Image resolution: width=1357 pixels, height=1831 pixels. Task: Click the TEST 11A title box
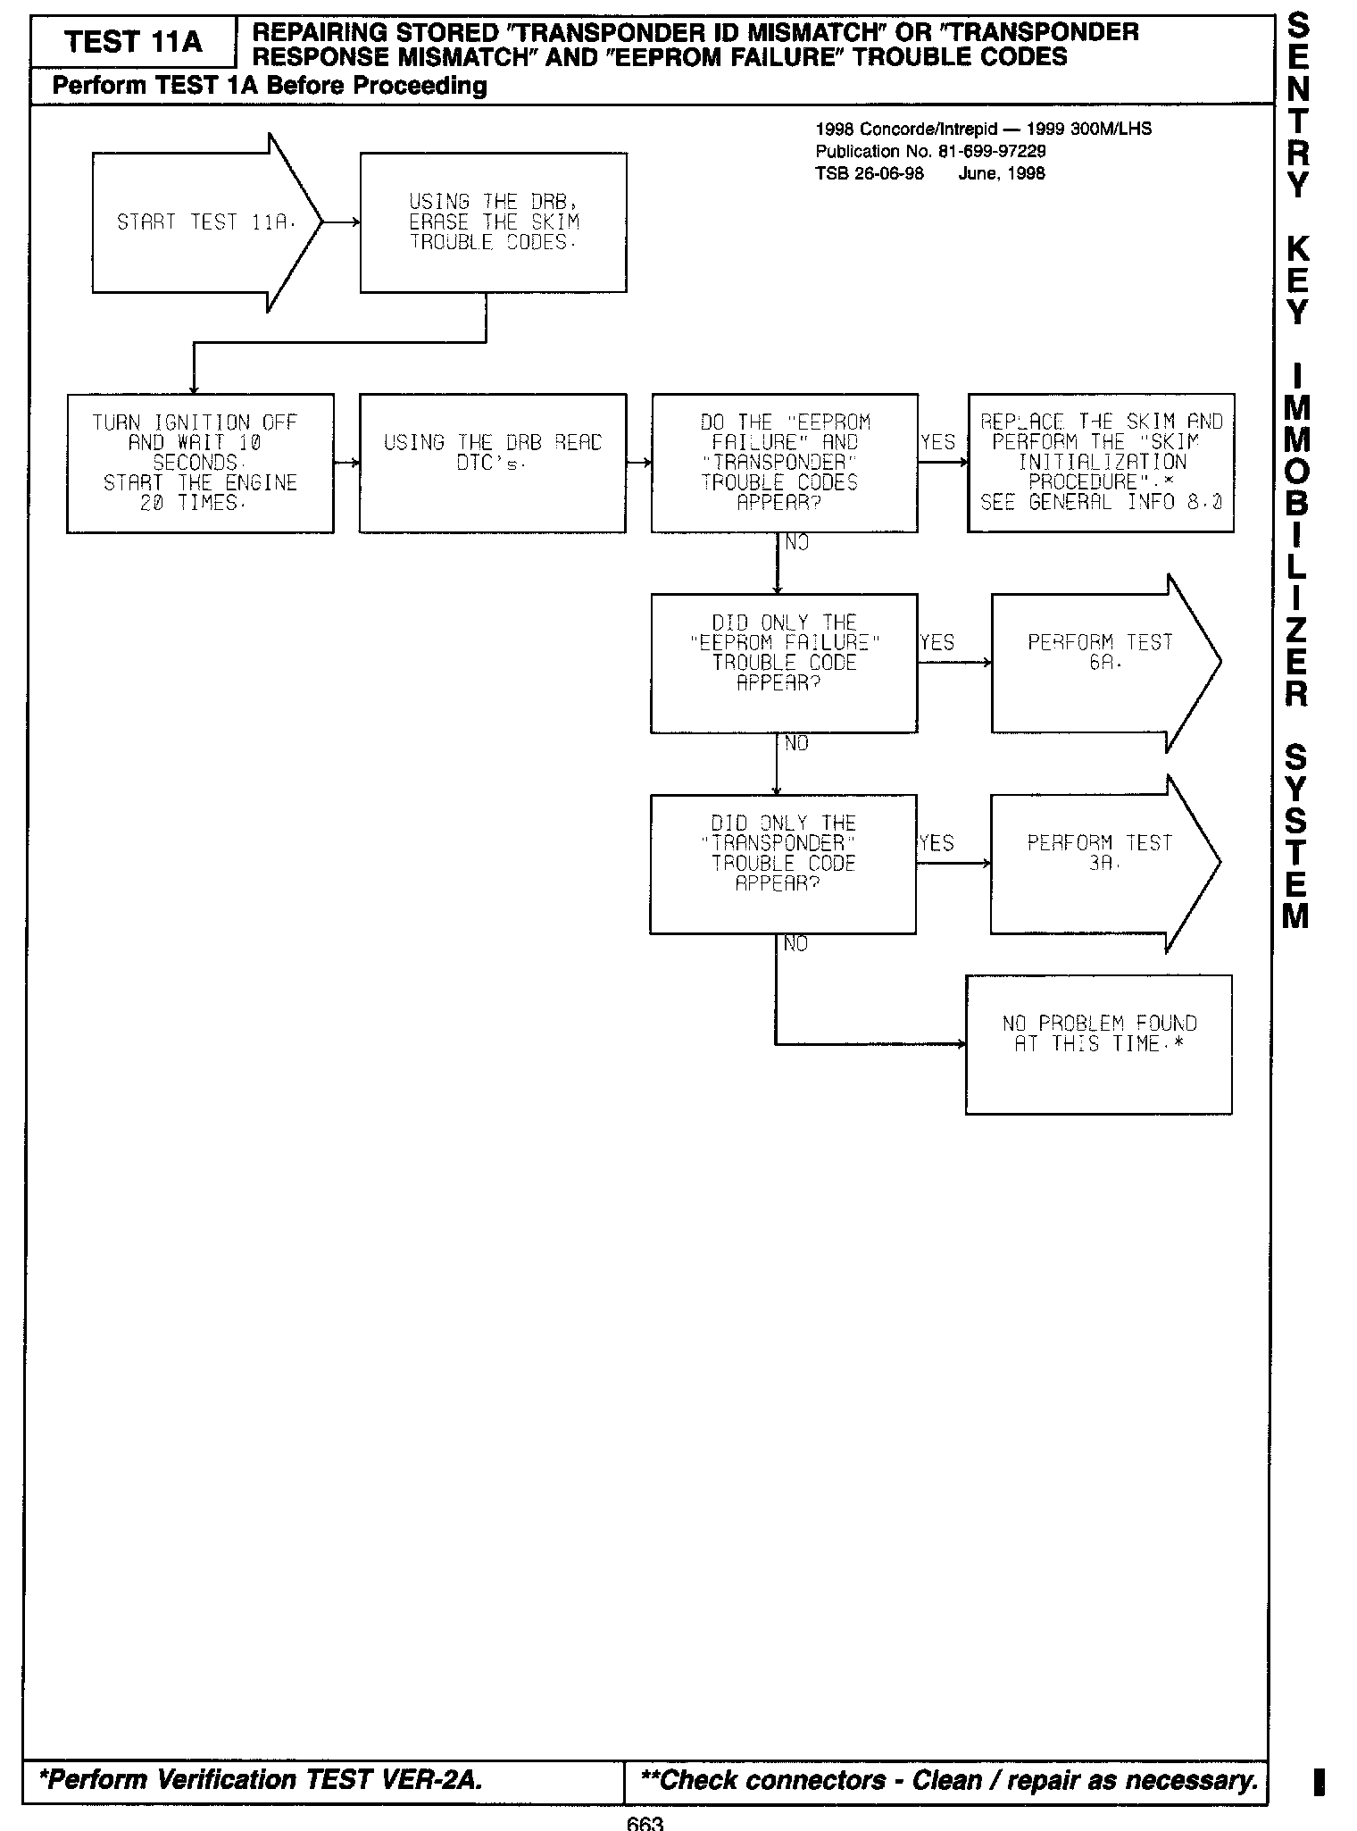(133, 42)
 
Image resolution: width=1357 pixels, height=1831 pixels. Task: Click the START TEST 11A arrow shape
(206, 222)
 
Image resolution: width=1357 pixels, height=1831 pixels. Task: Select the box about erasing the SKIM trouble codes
(493, 222)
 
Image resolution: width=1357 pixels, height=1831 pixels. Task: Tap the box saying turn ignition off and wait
(200, 463)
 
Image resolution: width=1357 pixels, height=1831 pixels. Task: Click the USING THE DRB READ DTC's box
(492, 463)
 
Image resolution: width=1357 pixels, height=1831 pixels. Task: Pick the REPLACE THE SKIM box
(1101, 463)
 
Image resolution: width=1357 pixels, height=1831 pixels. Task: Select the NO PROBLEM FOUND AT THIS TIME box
(1098, 1044)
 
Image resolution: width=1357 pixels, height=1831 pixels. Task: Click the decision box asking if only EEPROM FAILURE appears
(784, 663)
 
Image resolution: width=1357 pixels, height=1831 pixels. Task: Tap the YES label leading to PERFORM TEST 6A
(937, 643)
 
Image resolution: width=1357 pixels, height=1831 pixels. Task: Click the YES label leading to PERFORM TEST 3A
(936, 843)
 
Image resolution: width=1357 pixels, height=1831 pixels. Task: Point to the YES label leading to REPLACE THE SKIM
(937, 443)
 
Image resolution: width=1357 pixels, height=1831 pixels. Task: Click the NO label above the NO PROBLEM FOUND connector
(795, 944)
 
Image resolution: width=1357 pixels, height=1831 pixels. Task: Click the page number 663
(645, 1822)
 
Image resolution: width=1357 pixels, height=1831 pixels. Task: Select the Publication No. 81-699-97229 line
(930, 151)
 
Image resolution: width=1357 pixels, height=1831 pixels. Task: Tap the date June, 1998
(1001, 173)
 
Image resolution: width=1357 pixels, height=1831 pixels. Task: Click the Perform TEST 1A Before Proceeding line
(270, 86)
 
